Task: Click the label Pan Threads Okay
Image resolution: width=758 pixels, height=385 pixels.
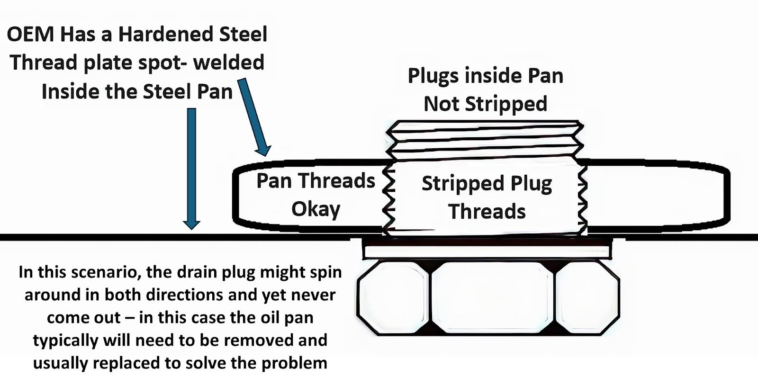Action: (x=316, y=195)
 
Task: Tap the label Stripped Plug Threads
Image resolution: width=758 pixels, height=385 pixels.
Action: (x=487, y=197)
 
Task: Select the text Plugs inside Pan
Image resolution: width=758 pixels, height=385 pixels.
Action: (x=486, y=76)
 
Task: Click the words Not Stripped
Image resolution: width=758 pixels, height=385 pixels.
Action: (x=486, y=104)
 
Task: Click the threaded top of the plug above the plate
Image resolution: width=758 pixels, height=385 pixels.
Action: (x=485, y=140)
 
